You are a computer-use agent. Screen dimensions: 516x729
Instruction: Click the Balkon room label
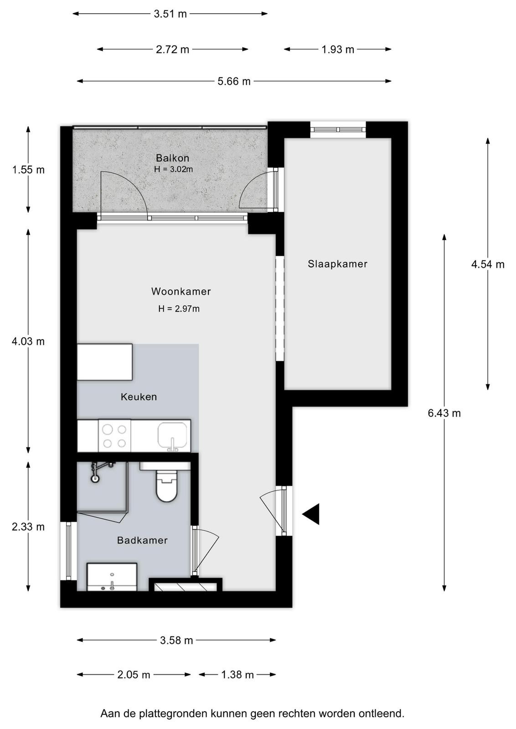tap(172, 158)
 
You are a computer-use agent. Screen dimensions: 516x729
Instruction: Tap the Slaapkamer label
tap(338, 264)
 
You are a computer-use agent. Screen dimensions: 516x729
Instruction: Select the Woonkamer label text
tap(181, 291)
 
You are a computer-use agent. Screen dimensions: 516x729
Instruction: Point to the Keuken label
tap(139, 397)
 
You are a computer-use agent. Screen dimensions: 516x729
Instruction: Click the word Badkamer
tap(142, 540)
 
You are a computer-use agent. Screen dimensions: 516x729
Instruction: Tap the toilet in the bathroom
tap(167, 486)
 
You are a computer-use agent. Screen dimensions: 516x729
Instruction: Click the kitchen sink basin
tap(173, 436)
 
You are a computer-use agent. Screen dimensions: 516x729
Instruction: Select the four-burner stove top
tap(114, 436)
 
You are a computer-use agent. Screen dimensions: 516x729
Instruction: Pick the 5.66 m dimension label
tap(234, 81)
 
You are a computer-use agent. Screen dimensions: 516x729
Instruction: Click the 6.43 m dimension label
tap(444, 413)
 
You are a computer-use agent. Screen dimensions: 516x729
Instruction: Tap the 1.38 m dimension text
tap(237, 675)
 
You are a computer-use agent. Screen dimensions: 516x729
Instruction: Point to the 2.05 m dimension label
tap(134, 675)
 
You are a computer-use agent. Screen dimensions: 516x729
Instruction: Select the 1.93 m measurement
tap(338, 50)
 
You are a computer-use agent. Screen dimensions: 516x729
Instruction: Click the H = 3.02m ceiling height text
tap(173, 169)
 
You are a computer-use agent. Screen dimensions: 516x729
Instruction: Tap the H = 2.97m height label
tap(179, 308)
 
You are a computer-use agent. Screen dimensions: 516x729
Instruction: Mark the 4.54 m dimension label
tap(488, 264)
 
